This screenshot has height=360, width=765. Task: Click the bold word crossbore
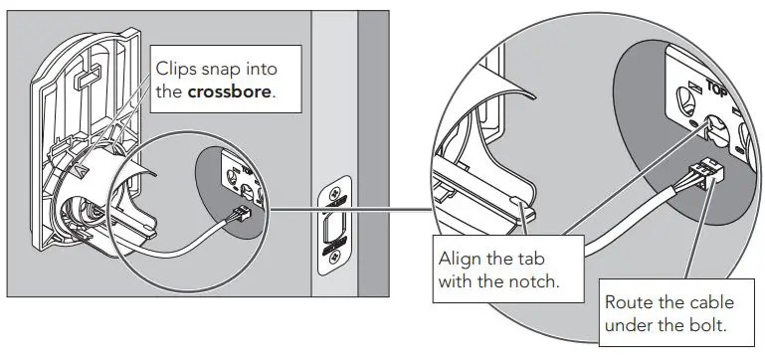coord(234,91)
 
